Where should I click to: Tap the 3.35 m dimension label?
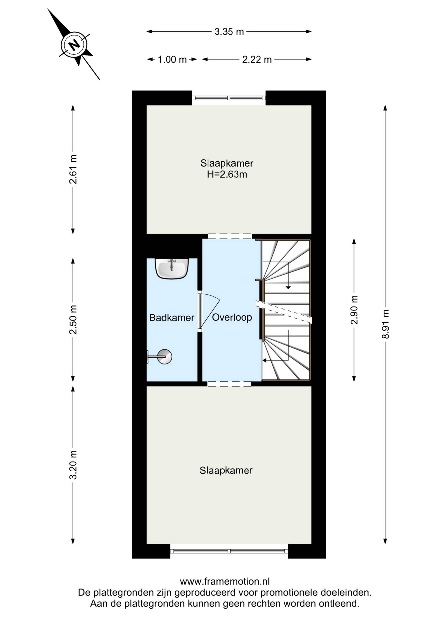pos(229,32)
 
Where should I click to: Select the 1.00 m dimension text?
pos(172,59)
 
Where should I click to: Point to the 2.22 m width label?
pos(257,59)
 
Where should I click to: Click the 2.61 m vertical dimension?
pos(73,169)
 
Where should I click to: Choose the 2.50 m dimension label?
pos(73,320)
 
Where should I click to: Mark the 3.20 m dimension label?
pos(73,465)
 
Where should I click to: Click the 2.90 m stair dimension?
pos(354,310)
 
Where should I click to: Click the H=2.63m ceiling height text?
pos(227,174)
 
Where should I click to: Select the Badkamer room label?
pos(172,318)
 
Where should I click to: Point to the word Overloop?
pos(232,317)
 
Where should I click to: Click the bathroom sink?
pos(172,268)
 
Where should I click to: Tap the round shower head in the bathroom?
pos(165,357)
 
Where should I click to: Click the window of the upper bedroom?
pos(228,98)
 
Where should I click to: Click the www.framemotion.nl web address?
pos(225,582)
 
